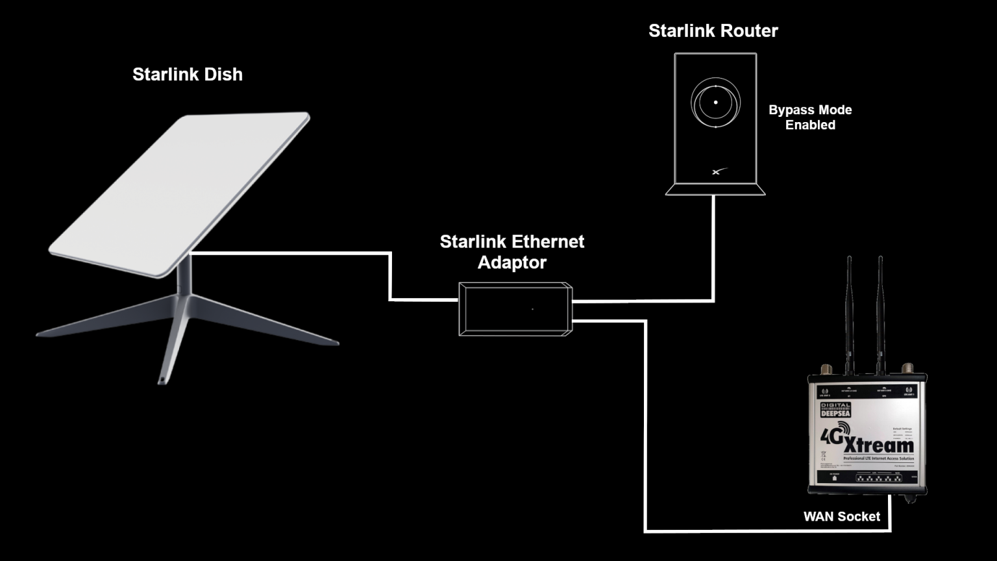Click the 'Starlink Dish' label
click(x=188, y=75)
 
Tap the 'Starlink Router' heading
click(x=713, y=31)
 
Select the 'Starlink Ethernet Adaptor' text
click(x=511, y=252)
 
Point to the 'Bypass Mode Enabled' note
click(x=810, y=118)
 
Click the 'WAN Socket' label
click(x=841, y=516)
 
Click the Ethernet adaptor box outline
click(x=515, y=309)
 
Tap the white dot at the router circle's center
click(x=716, y=103)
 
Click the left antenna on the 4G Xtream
click(x=849, y=312)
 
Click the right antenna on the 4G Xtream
click(x=880, y=312)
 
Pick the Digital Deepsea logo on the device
click(x=835, y=410)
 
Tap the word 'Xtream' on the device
click(x=879, y=445)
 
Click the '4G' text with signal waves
click(x=833, y=434)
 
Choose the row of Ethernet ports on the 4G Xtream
click(x=878, y=478)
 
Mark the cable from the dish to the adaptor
click(x=390, y=276)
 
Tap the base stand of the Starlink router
click(x=715, y=190)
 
